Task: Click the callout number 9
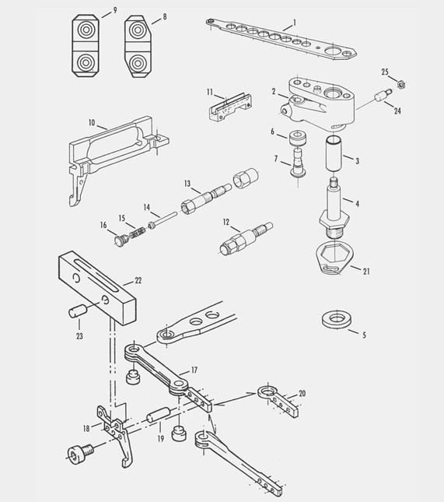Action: [115, 9]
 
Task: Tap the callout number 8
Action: [164, 16]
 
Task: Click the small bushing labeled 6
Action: [295, 140]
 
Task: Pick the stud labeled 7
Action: [298, 167]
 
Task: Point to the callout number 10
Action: [92, 123]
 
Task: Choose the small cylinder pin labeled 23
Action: [75, 311]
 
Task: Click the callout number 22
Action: [138, 279]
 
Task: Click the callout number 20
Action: [302, 394]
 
